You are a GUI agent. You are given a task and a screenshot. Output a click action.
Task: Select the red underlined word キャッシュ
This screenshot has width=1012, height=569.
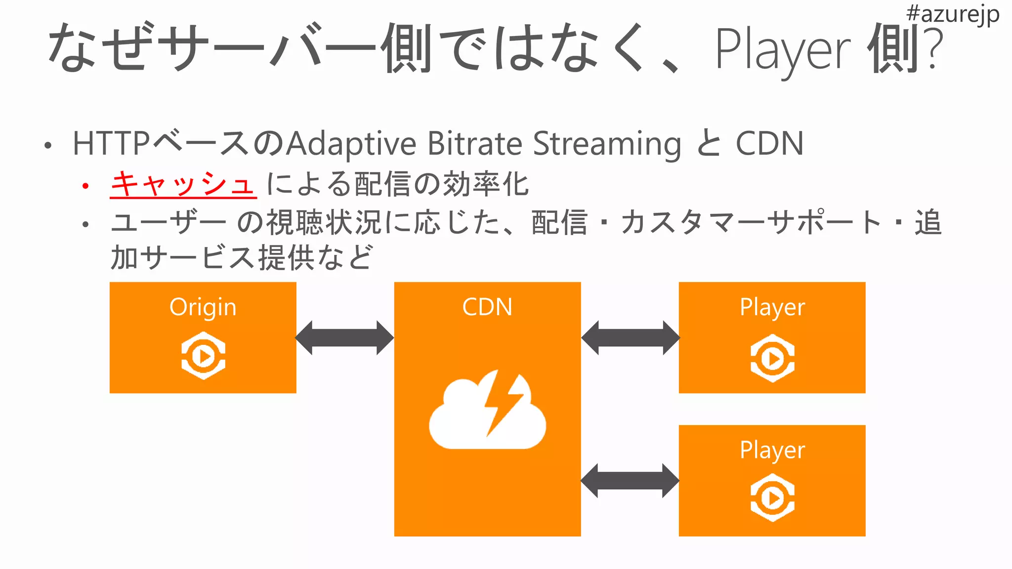[183, 184]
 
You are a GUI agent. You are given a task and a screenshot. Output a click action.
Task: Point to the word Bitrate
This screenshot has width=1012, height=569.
[474, 144]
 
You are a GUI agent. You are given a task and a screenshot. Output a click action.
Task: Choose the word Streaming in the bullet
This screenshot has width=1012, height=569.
[607, 144]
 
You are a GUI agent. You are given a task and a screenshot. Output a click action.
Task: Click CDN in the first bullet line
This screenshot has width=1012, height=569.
[769, 144]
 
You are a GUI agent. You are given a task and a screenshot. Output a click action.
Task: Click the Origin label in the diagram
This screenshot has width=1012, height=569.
[203, 307]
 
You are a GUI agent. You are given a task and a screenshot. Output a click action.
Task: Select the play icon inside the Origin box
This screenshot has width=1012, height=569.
[203, 356]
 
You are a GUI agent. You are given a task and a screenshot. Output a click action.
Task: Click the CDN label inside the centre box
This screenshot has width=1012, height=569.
[487, 307]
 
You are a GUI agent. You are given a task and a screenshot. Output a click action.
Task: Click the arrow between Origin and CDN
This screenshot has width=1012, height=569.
[344, 338]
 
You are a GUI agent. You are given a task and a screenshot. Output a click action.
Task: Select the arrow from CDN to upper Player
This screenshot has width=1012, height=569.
[630, 338]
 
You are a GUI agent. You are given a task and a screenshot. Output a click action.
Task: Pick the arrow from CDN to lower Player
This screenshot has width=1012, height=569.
[630, 481]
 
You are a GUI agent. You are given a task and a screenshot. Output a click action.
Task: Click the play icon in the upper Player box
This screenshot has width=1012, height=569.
[772, 358]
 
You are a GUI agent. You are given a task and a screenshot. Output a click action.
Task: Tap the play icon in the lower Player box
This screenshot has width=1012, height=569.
[772, 497]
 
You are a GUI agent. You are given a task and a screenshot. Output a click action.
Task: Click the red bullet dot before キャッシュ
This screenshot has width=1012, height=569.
[86, 186]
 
